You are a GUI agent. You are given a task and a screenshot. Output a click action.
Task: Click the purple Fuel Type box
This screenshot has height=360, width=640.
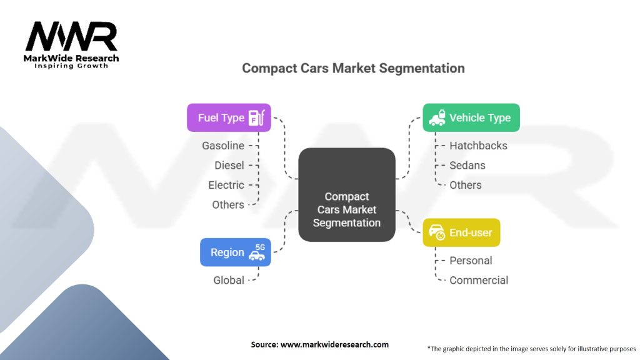tap(229, 117)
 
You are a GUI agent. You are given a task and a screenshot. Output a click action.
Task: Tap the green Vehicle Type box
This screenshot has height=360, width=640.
tap(471, 117)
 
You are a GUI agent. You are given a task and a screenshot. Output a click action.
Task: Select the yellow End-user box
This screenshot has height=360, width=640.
tap(461, 232)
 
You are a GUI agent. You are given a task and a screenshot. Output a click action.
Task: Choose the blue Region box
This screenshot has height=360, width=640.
tap(235, 252)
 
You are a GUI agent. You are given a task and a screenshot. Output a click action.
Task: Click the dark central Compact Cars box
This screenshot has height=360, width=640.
tap(346, 195)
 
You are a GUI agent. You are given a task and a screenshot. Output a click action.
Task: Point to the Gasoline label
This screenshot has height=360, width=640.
tap(223, 146)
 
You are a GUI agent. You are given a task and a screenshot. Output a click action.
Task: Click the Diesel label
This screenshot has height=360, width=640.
tap(229, 166)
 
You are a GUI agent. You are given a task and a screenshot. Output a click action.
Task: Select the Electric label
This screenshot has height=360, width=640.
tap(226, 185)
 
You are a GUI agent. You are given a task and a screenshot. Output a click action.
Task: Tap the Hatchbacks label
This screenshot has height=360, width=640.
tap(478, 146)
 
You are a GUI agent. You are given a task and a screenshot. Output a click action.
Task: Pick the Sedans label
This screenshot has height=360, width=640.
tap(467, 166)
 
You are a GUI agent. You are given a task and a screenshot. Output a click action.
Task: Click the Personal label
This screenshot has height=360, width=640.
tap(471, 261)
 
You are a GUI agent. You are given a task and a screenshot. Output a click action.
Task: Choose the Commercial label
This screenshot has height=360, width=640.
tap(479, 280)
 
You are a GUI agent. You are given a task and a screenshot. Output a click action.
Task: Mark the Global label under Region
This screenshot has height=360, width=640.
tap(229, 280)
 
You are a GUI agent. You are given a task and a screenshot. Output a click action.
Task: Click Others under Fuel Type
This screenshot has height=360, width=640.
tap(228, 204)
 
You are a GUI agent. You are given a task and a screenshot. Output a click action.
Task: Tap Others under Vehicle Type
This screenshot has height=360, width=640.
tap(466, 185)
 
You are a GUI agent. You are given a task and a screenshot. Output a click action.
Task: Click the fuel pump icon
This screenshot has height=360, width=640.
tap(256, 117)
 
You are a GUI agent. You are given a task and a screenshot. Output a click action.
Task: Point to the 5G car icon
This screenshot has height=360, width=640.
tap(257, 252)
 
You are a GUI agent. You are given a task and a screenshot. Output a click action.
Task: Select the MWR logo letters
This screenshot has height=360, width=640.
tap(71, 37)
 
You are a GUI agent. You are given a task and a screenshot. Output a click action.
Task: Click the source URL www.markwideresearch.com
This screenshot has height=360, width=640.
tap(319, 344)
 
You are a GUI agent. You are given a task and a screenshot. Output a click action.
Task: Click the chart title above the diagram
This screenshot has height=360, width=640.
tap(353, 68)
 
